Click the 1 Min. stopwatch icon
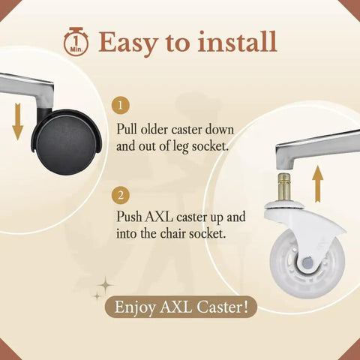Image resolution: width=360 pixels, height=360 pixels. point(76,41)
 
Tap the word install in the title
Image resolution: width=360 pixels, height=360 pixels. point(237,41)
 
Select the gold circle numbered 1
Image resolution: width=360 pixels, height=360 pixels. point(121,105)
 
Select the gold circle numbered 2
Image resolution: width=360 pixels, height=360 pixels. point(121,195)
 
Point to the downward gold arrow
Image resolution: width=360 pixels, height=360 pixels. point(18,121)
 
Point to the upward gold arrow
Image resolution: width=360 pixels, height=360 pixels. point(317,184)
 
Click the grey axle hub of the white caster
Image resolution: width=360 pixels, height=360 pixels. point(307,262)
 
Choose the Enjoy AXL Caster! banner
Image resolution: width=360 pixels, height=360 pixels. point(181,307)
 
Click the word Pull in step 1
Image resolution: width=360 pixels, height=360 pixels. point(127,130)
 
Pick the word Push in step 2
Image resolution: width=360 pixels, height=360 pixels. point(129,217)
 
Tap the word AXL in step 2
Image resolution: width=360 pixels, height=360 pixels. point(159,217)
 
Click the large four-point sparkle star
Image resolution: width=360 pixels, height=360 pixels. point(106,285)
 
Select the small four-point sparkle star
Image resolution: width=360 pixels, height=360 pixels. point(97,297)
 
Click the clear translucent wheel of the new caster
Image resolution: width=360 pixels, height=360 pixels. point(307,264)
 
